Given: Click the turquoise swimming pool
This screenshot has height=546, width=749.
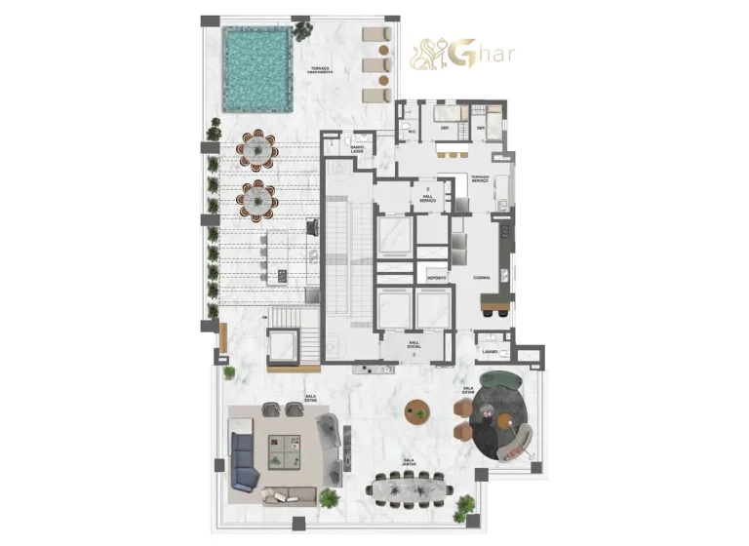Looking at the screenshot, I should pos(257,68).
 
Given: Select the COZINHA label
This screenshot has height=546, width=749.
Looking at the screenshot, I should pos(481,278).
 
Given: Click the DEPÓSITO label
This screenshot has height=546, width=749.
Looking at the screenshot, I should pos(436,278).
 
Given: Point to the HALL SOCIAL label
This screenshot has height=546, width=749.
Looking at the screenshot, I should pos(414,344).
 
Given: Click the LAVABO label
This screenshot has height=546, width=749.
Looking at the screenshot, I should pos(489,350).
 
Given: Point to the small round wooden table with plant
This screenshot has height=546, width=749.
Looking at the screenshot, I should pos(419,410).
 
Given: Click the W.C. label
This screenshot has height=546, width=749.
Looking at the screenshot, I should pos(413,132).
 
